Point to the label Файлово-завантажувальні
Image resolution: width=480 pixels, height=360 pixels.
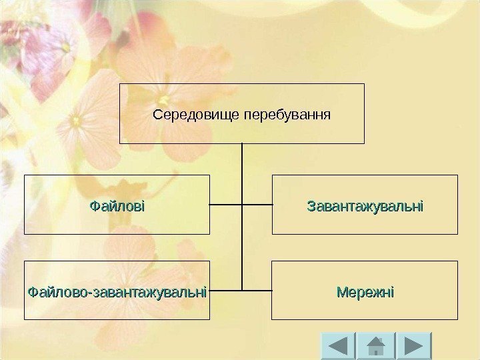click(117, 291)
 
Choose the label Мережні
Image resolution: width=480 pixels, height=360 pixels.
click(365, 291)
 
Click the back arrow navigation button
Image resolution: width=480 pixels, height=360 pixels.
click(338, 346)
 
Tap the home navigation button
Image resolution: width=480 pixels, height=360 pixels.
click(376, 346)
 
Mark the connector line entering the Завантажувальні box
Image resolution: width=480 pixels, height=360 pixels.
click(257, 204)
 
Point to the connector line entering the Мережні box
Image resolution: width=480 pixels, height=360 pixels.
click(257, 291)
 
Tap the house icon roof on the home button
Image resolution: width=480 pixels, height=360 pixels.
click(376, 341)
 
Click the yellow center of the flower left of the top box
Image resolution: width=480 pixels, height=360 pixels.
click(75, 121)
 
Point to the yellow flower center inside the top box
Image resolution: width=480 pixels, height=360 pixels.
click(163, 101)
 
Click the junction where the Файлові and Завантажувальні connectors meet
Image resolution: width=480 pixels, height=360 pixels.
click(242, 204)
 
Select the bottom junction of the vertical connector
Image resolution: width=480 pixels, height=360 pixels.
click(242, 291)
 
